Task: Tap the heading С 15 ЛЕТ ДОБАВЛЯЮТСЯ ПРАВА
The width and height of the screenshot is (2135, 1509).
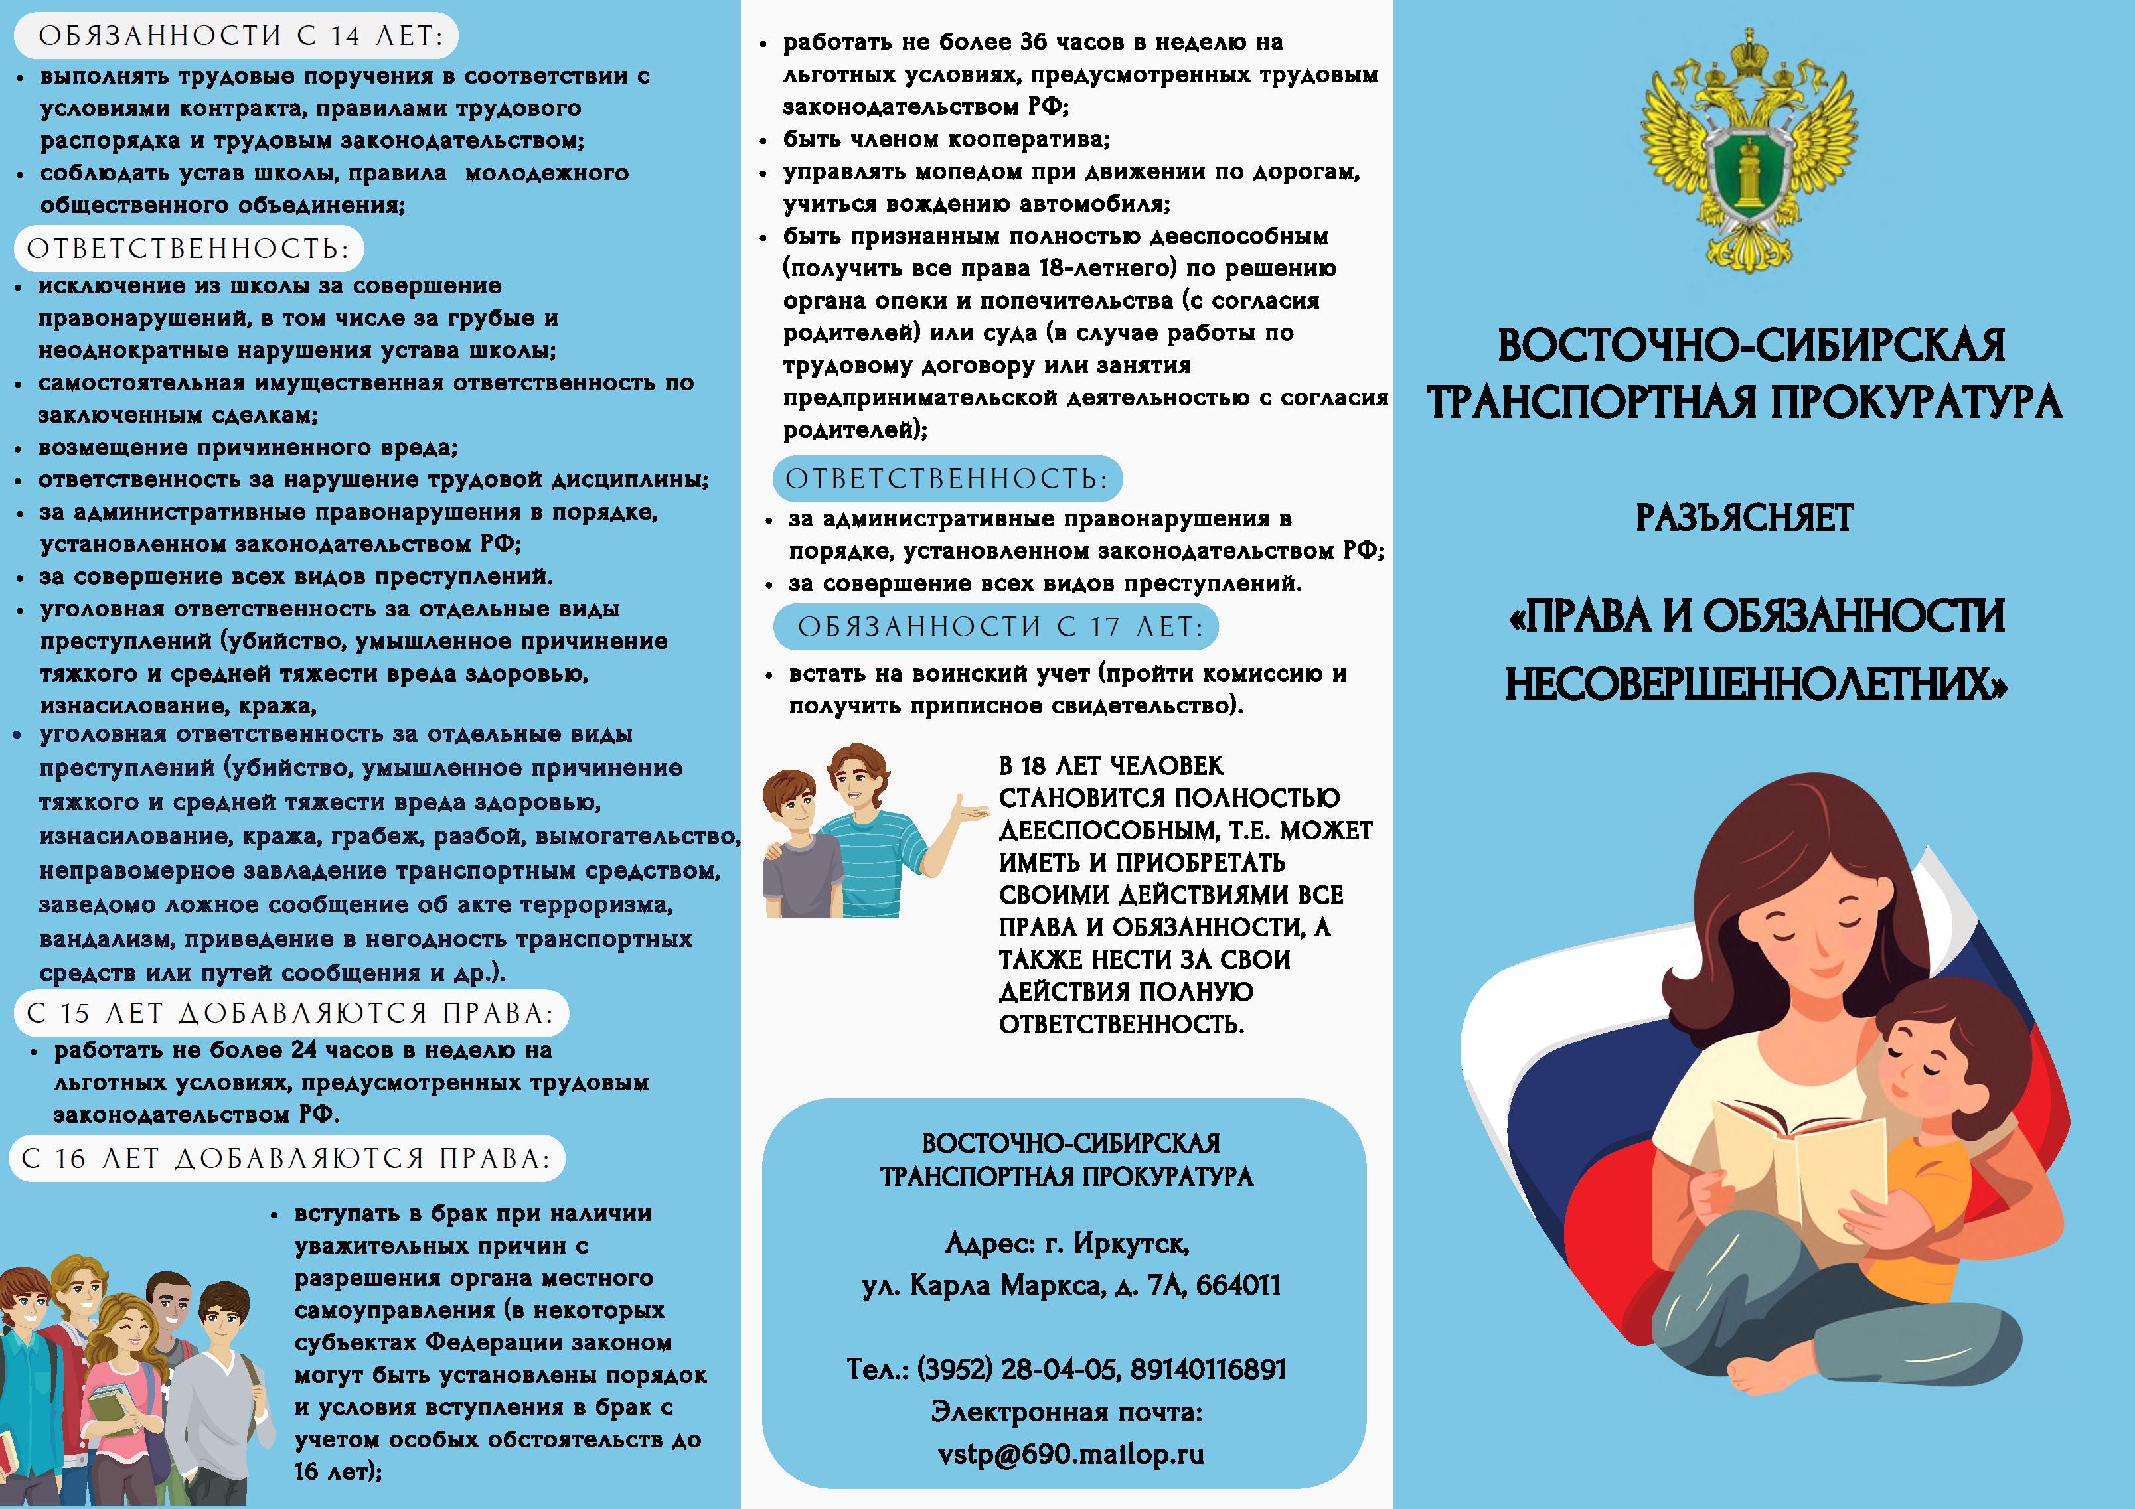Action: pos(290,1013)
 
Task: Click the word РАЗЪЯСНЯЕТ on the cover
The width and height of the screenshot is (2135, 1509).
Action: pos(1745,518)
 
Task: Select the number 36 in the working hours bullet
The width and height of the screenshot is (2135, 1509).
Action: pos(1032,42)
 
